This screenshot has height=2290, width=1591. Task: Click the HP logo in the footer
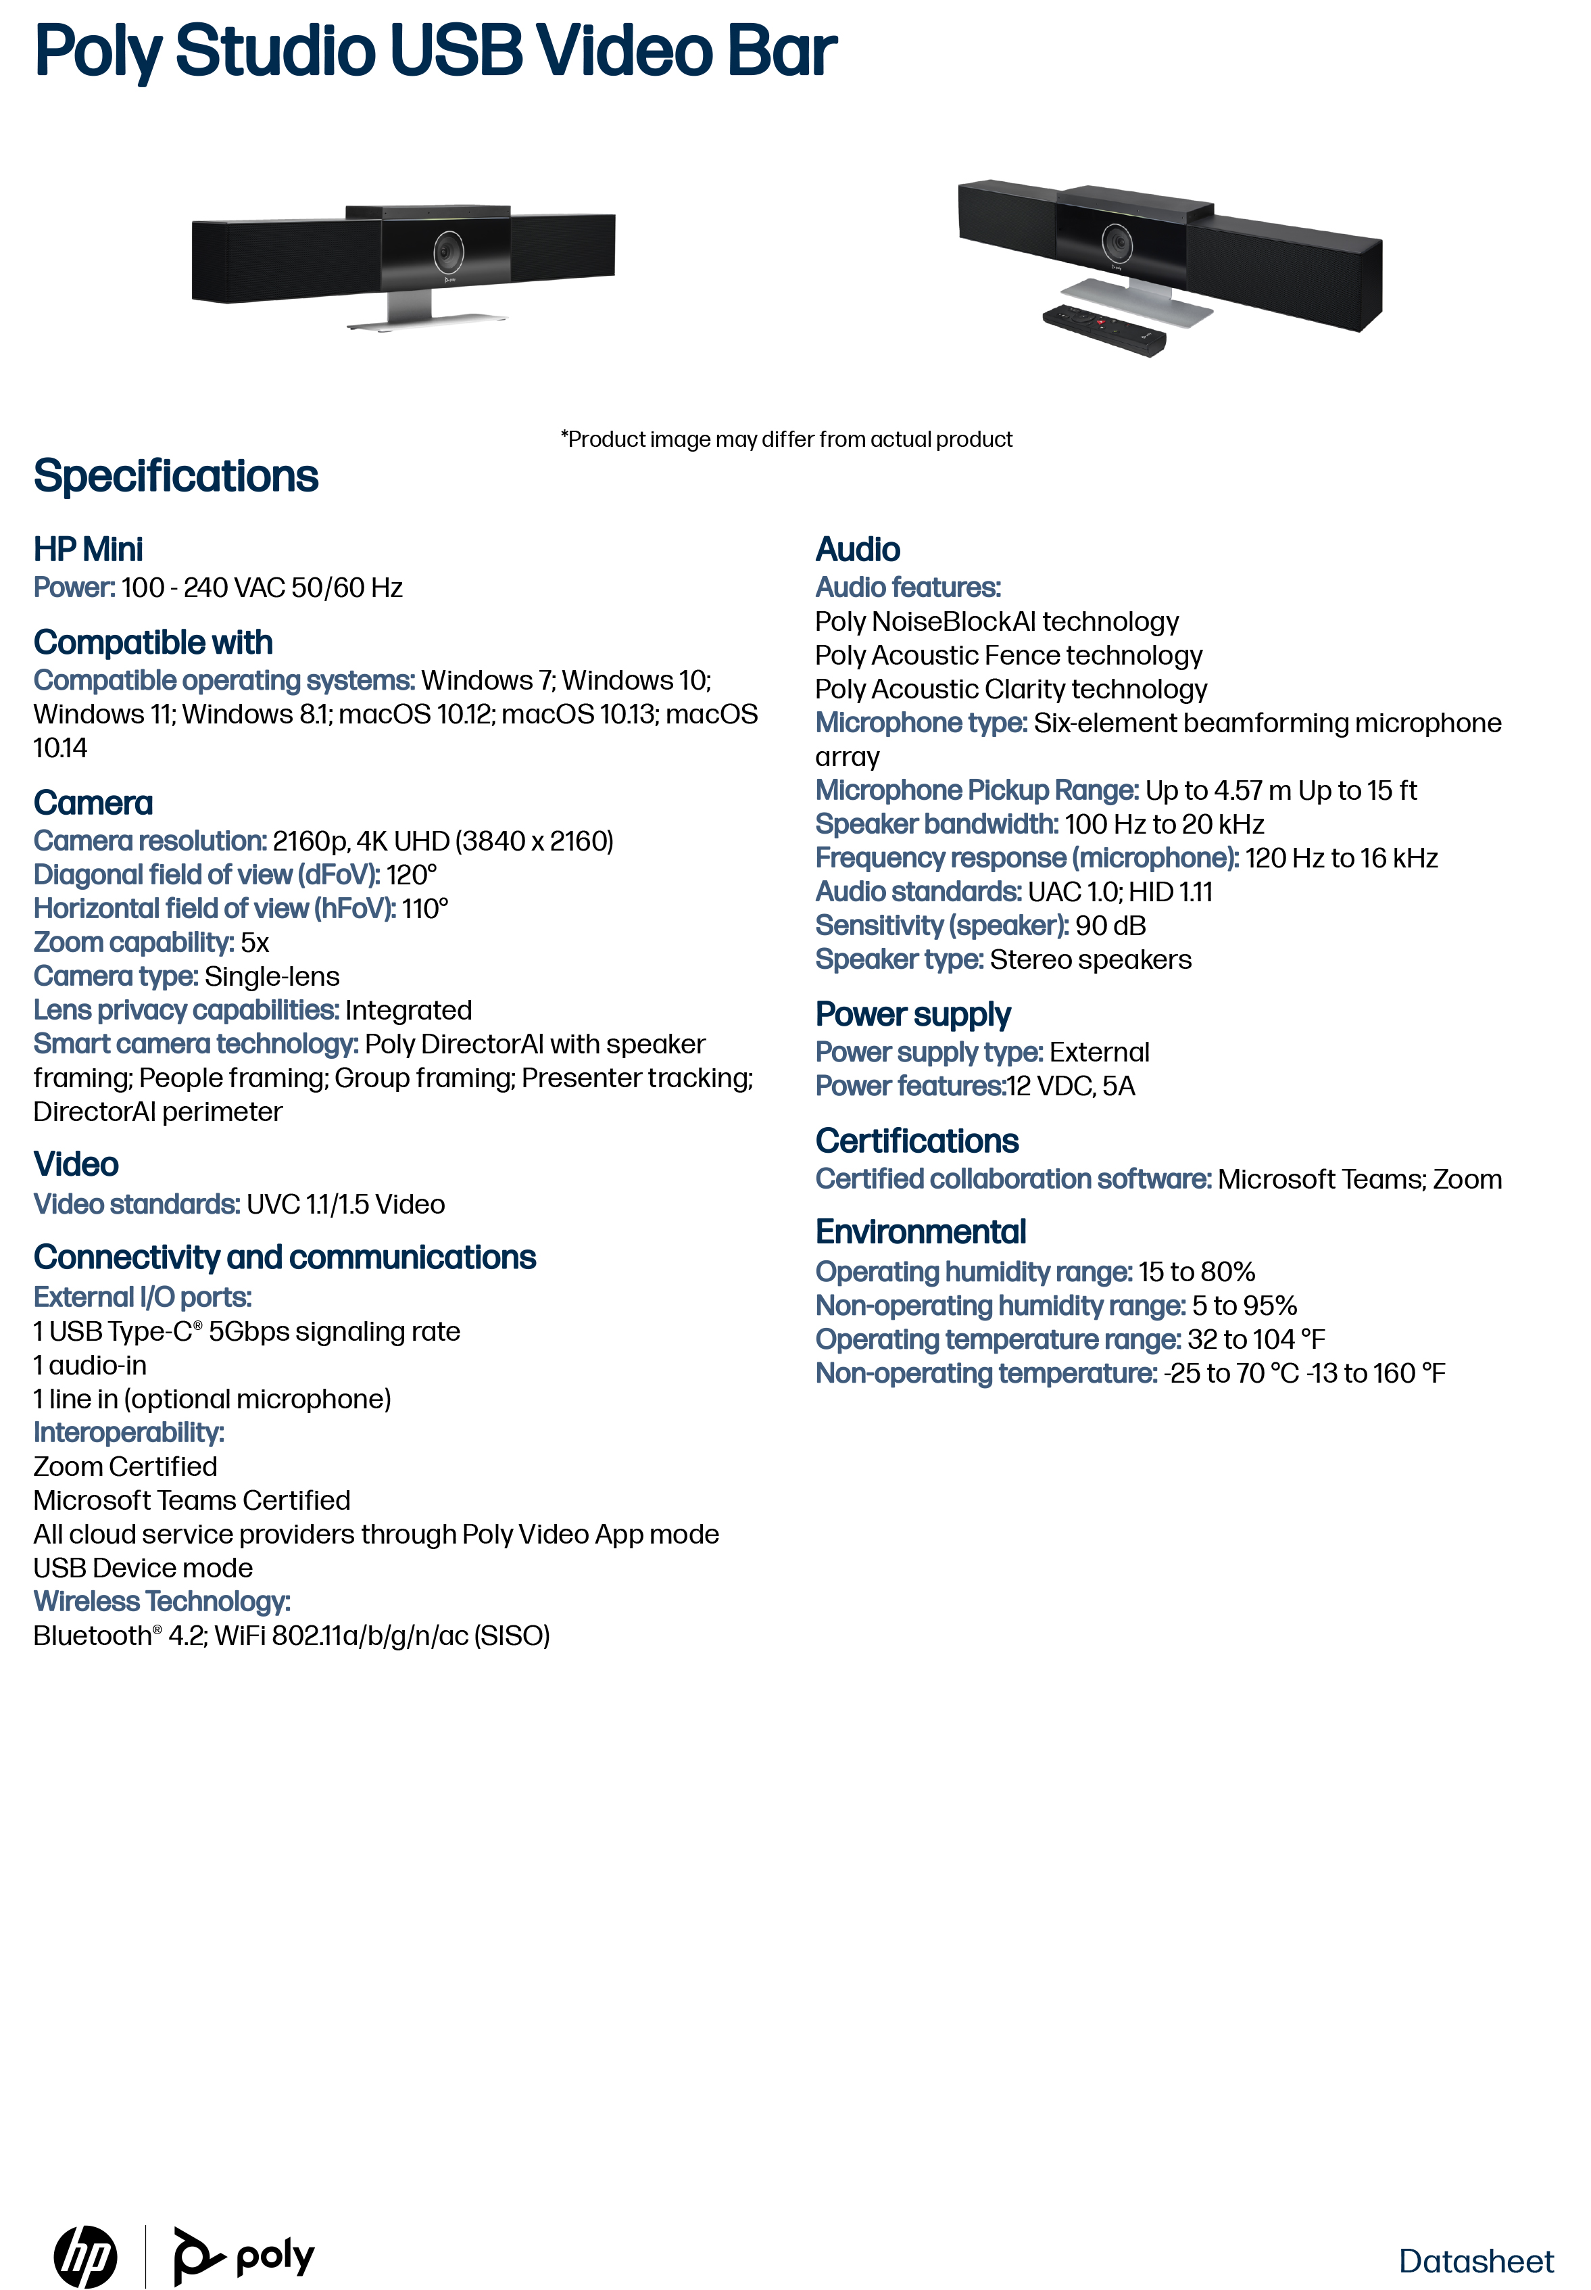point(86,2256)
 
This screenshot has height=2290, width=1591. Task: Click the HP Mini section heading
point(88,549)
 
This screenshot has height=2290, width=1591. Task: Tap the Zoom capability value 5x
point(255,942)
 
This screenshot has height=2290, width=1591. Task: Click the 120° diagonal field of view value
point(412,874)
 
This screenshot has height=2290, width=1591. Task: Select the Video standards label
point(137,1204)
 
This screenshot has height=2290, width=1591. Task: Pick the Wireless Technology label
point(162,1601)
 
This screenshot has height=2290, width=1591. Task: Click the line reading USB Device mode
point(143,1567)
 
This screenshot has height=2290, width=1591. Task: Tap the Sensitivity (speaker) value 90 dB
point(1110,925)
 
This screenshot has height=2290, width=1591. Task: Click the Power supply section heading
point(912,1014)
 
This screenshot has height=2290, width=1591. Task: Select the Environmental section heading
point(920,1233)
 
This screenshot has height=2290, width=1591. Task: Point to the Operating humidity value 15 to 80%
point(1196,1272)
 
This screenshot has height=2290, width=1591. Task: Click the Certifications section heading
point(916,1141)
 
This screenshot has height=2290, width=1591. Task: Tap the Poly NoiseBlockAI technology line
point(996,621)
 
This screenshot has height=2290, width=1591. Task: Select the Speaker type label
point(899,959)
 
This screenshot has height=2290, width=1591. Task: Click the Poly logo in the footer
point(244,2256)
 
